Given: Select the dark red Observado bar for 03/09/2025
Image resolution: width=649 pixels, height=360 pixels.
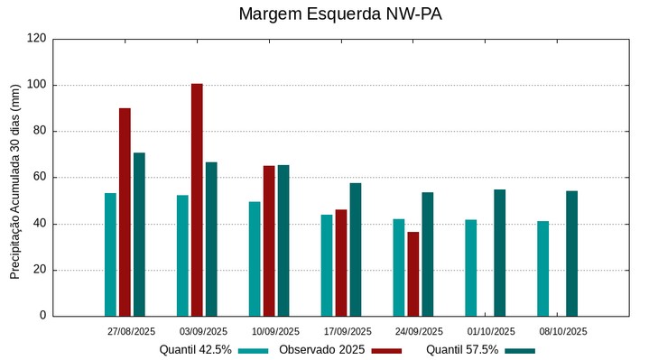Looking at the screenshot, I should [197, 199].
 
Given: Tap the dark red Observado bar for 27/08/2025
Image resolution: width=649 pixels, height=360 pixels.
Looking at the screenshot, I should [125, 212].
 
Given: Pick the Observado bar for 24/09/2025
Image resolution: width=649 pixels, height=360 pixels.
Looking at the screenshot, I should [413, 273].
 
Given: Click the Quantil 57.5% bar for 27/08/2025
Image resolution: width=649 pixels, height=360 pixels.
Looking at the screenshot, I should [139, 235].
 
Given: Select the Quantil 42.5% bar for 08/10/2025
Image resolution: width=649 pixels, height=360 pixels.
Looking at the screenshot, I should [542, 268].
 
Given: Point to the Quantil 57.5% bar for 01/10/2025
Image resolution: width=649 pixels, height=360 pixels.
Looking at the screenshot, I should [499, 253].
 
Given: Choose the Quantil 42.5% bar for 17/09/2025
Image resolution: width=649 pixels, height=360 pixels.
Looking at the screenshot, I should [327, 265].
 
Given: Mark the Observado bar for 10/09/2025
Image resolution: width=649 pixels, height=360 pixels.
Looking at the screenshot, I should [269, 241].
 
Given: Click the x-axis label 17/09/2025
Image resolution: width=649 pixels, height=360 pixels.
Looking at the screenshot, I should [348, 331].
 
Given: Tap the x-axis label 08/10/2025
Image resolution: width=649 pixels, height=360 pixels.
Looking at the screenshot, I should [564, 331].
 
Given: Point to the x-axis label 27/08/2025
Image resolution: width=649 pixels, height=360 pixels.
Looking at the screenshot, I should [131, 331].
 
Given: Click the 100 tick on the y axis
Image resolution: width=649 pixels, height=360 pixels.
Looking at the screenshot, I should [37, 85].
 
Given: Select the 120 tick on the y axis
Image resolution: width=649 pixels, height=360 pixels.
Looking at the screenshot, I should [37, 39].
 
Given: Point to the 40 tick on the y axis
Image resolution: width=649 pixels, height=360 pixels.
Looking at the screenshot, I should [40, 224].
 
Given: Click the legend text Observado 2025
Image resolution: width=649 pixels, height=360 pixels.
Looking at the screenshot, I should [321, 349].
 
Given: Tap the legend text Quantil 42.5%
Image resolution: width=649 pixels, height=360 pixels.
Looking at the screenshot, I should [195, 349].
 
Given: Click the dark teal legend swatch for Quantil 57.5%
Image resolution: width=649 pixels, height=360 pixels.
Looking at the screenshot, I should [520, 350].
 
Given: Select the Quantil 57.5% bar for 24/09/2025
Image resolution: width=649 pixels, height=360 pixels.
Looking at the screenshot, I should [428, 254].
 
